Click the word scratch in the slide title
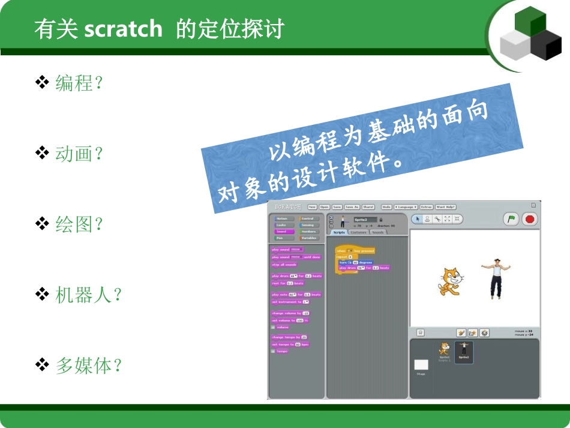point(123,29)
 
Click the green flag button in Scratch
point(511,219)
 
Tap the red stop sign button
point(529,219)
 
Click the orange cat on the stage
point(449,280)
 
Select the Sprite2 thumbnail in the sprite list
point(464,351)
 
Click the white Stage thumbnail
point(421,365)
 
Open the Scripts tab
point(339,232)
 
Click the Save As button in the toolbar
point(351,206)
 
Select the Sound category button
point(284,231)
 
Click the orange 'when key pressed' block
point(355,250)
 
